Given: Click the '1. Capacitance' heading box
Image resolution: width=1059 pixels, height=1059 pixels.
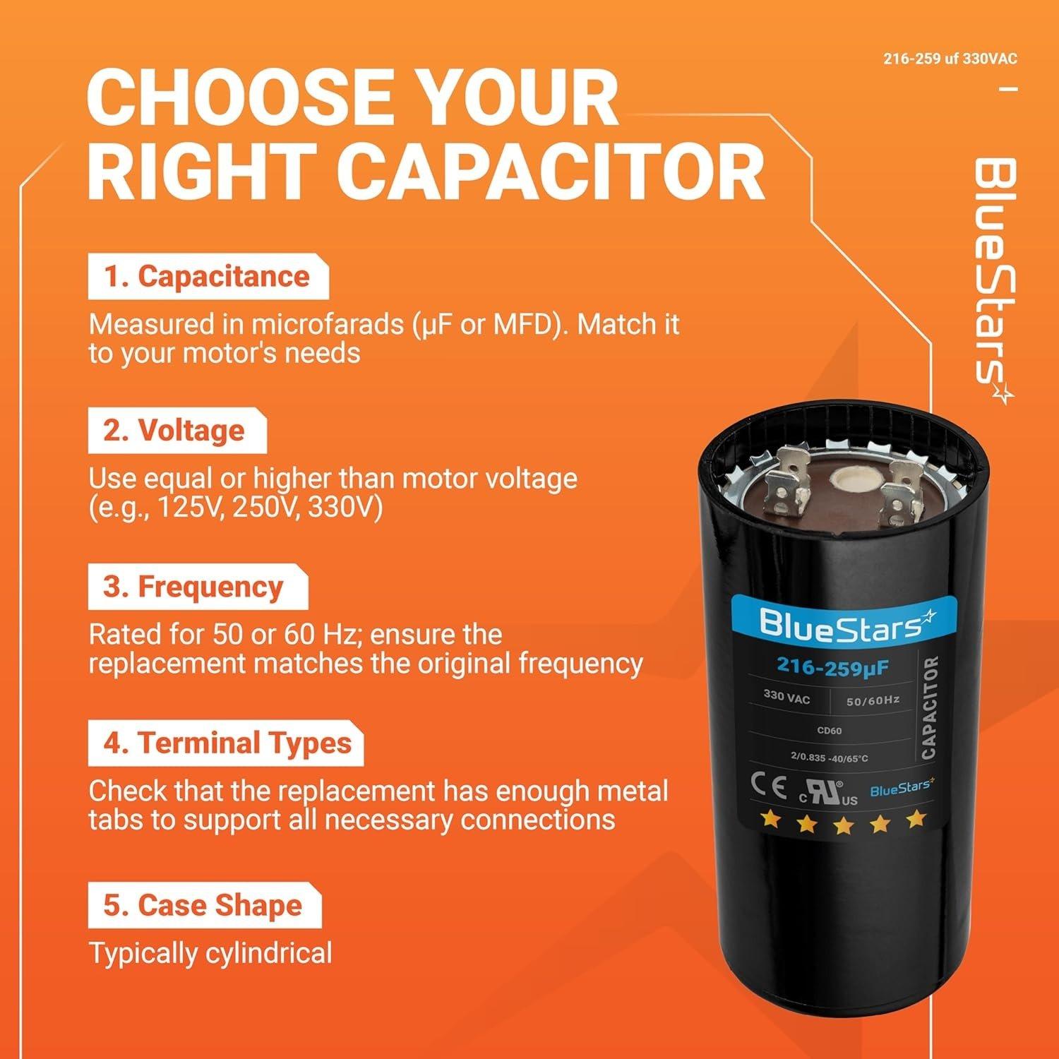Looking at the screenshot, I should click(x=208, y=277).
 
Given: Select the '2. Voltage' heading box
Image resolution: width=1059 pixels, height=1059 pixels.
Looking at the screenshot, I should click(x=176, y=431).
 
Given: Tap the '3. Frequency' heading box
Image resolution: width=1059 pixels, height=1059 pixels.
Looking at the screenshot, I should click(x=197, y=587).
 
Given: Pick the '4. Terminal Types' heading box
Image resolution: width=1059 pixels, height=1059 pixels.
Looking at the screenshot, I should click(x=225, y=743).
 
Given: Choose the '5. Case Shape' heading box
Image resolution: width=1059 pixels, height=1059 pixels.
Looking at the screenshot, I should click(x=204, y=905).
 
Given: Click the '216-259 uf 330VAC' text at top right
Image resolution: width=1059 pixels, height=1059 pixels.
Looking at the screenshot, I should click(x=950, y=59).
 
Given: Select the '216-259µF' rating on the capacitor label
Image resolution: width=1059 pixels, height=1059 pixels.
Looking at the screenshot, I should click(x=832, y=667).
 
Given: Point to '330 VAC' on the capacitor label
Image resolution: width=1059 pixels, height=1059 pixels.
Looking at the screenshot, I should click(x=786, y=698).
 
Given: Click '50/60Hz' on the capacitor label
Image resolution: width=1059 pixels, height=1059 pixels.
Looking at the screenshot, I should click(x=873, y=700).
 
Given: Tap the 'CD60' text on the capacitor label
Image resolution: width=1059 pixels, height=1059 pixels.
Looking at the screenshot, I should click(x=829, y=731).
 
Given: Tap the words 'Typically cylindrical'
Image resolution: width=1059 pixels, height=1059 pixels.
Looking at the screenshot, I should click(x=210, y=953).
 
